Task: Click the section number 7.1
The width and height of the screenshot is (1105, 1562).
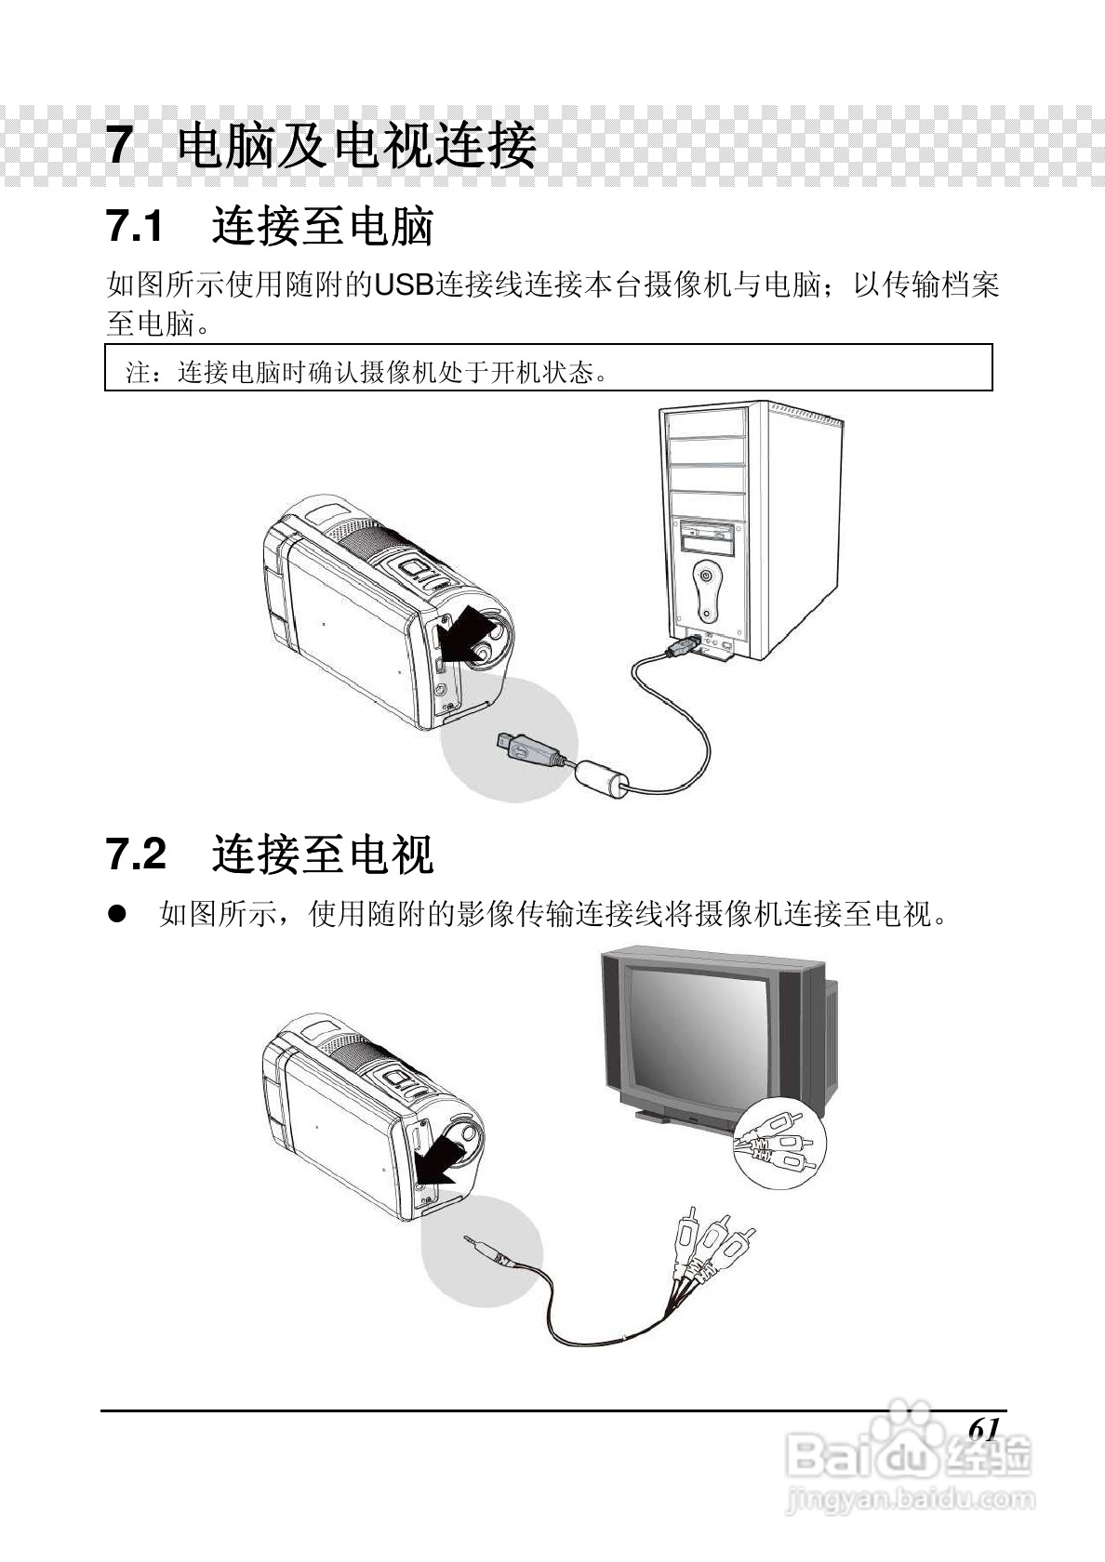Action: tap(136, 227)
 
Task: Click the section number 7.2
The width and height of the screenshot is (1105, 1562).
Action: tap(136, 854)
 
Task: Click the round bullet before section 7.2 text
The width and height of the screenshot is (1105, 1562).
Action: tap(116, 915)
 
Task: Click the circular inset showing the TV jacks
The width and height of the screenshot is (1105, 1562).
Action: tap(779, 1142)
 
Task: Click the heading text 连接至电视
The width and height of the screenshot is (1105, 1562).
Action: tap(323, 854)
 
